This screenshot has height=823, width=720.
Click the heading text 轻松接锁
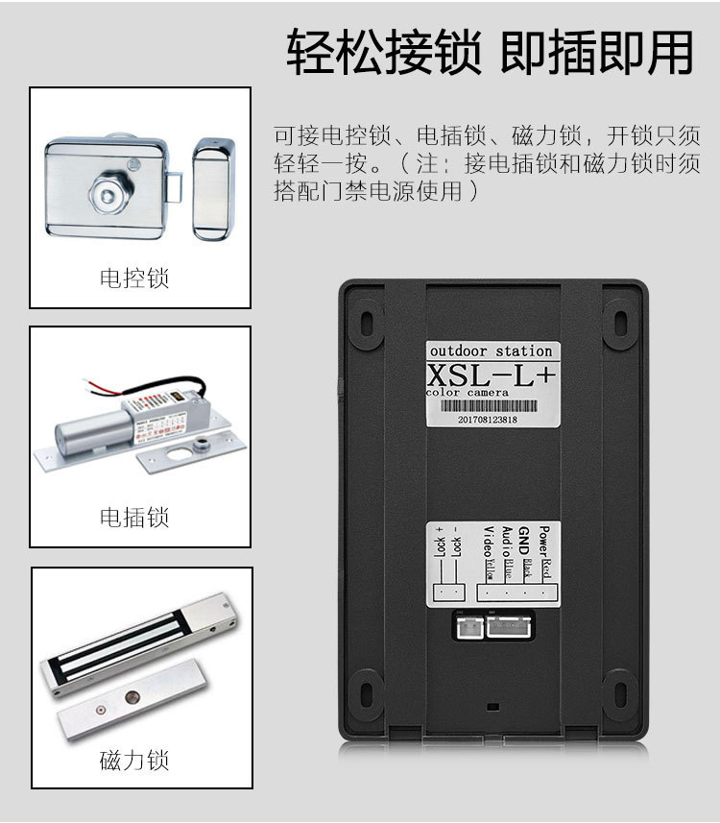coord(384,54)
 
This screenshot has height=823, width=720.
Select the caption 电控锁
coord(134,279)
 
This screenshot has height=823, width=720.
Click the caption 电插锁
coord(134,518)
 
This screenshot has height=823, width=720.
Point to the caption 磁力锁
coord(134,762)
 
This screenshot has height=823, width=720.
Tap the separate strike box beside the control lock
coord(213,189)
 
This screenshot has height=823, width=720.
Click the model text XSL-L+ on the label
coord(491,374)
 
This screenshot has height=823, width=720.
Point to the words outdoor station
coord(491,351)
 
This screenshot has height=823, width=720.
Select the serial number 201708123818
coord(488,420)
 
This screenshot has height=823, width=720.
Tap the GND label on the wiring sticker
coord(524,535)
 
